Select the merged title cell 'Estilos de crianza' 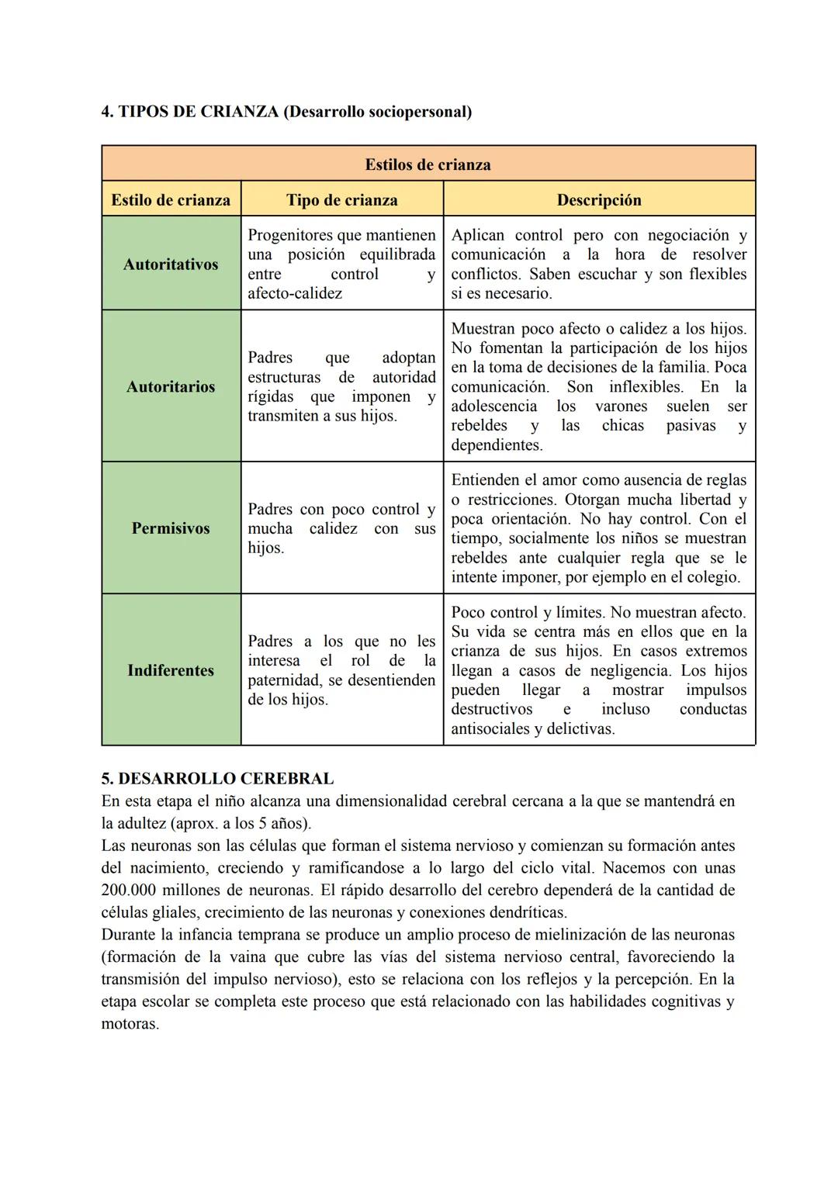click(x=428, y=164)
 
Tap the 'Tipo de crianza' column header click(x=341, y=200)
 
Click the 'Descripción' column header click(x=598, y=200)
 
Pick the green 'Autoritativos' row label click(x=171, y=265)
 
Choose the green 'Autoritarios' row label click(x=171, y=386)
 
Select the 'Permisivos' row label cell click(x=171, y=528)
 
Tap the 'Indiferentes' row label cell click(x=171, y=670)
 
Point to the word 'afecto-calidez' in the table click(x=295, y=293)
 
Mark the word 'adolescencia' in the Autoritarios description click(x=494, y=406)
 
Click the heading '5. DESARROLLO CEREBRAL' click(x=217, y=778)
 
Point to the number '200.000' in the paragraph click(x=129, y=890)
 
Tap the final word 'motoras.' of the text click(x=130, y=1024)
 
